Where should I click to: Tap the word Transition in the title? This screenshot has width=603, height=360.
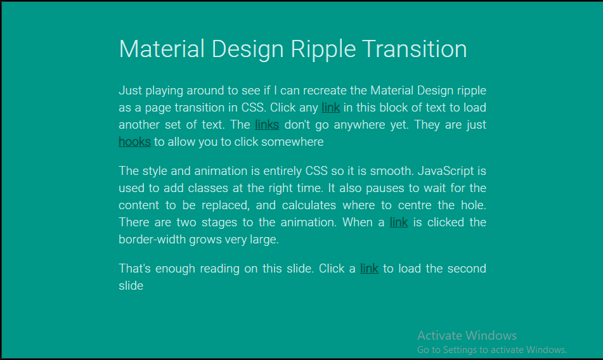[x=414, y=49]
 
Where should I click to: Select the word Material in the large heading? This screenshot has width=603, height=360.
[x=162, y=49]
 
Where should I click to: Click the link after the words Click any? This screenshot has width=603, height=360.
[x=330, y=108]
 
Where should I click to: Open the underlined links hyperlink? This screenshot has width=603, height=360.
[x=267, y=125]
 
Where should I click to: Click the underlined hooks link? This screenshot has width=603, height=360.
[x=134, y=142]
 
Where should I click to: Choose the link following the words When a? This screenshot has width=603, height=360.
[x=399, y=222]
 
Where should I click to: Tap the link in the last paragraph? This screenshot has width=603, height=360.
[x=369, y=269]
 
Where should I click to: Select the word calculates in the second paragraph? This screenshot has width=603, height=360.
[x=308, y=205]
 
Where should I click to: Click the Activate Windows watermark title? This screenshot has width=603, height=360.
[x=467, y=335]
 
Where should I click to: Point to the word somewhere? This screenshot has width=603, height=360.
[x=294, y=142]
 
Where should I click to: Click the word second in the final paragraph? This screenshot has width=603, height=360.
[x=467, y=269]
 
